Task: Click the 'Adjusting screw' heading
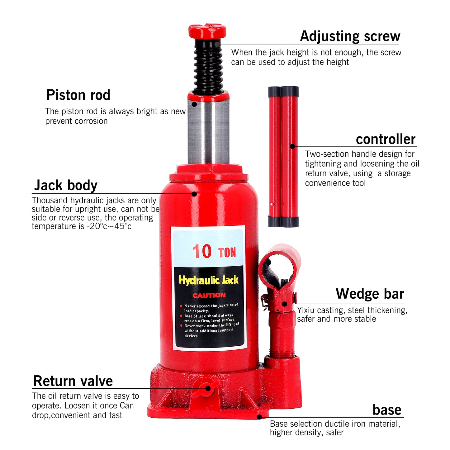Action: point(350,36)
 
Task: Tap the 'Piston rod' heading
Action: point(78,95)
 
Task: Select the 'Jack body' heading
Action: point(66,185)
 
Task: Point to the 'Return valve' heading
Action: point(73,381)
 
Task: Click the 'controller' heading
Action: point(386,140)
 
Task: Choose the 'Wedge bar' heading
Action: point(370,294)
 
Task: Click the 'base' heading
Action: point(387,410)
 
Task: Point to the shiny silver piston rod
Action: point(208,132)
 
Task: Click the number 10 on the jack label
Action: point(202,252)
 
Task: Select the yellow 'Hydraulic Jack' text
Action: point(209,280)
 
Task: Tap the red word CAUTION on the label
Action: point(209,296)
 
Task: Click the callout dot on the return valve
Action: point(208,388)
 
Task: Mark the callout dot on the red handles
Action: point(292,146)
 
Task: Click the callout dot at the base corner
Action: point(259,417)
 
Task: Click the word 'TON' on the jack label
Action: point(227,253)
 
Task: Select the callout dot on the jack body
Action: point(194,194)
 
